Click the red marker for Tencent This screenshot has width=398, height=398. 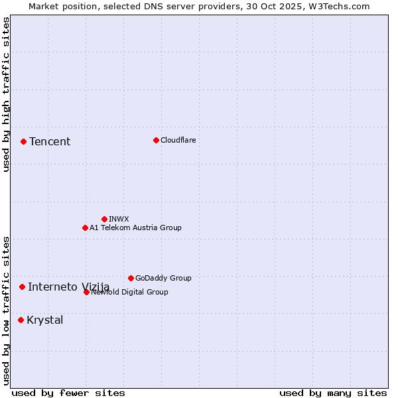coord(23,141)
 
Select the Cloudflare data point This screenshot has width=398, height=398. coord(156,140)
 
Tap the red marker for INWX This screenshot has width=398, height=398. coord(104,219)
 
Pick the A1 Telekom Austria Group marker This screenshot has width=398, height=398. coord(85,228)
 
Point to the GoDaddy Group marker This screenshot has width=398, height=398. coord(131,278)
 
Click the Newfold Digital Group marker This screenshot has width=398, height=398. coord(86,292)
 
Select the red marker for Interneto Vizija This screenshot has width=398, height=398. coord(22,287)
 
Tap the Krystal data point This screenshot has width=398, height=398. coord(21,320)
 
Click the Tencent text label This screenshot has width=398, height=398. coord(50,141)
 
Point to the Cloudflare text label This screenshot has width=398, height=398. coord(178,140)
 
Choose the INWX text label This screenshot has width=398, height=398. coord(119,219)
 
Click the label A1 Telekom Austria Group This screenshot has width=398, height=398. coord(135,228)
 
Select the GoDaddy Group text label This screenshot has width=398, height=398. coord(163,278)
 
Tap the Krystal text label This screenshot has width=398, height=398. coord(45,320)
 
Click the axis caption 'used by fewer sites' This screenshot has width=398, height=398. coord(68,393)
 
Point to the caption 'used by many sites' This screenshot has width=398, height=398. coord(333,393)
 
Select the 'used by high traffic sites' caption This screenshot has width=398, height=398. coord(6,94)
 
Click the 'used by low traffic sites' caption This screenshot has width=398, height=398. coord(6,310)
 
